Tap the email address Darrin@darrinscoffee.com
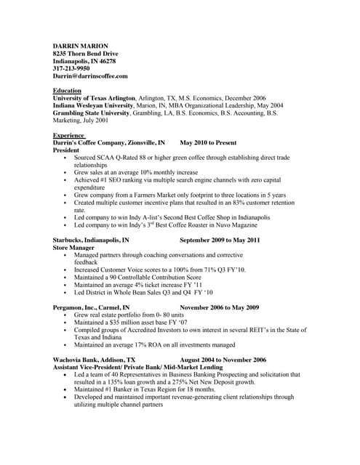pos(90,76)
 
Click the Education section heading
pos(67,91)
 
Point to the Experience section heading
pos(68,136)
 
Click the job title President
pos(66,150)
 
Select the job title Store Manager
pos(73,247)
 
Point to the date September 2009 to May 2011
pos(220,240)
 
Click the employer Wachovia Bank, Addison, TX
pos(95,360)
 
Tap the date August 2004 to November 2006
pos(223,360)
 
